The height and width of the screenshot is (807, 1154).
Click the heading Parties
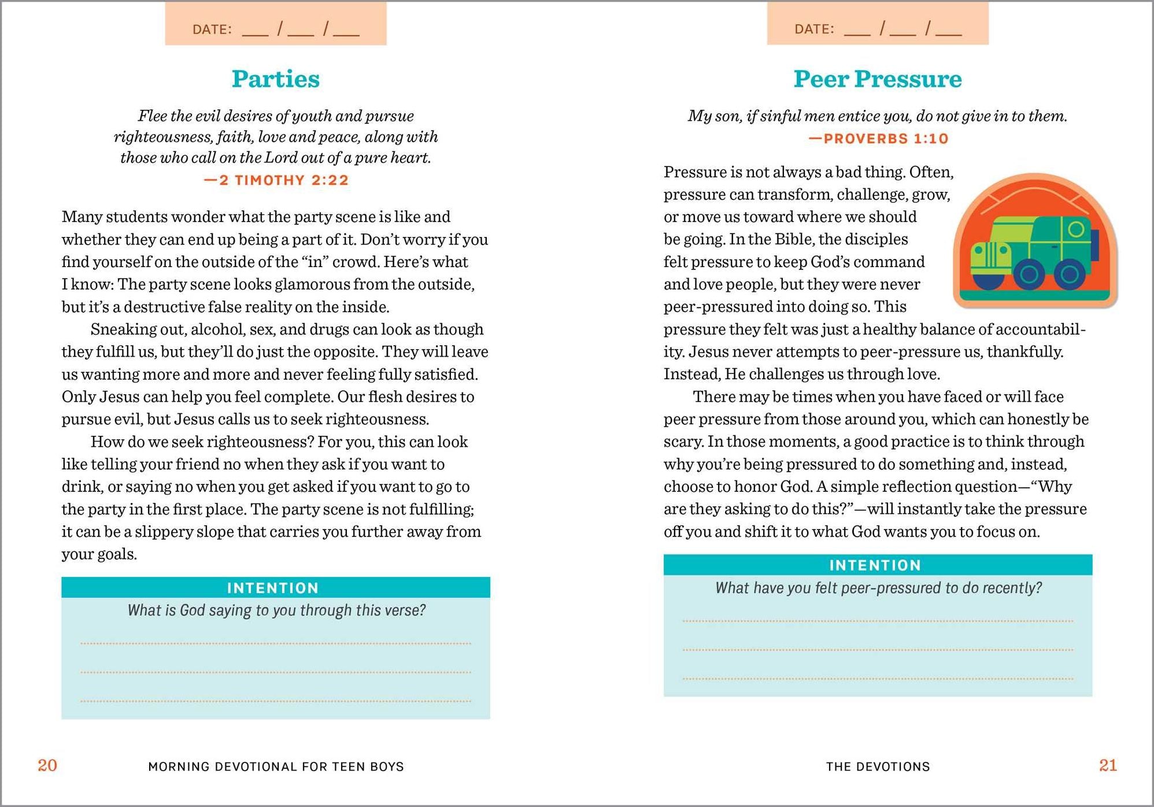pyautogui.click(x=275, y=79)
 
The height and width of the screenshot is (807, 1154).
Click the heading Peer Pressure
pyautogui.click(x=877, y=79)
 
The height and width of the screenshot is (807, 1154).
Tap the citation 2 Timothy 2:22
pyautogui.click(x=276, y=180)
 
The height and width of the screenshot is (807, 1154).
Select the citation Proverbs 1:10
pyautogui.click(x=878, y=139)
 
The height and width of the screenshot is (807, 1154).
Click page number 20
pyautogui.click(x=47, y=765)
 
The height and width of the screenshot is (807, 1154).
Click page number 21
pyautogui.click(x=1108, y=765)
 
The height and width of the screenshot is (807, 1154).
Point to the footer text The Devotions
pyautogui.click(x=878, y=767)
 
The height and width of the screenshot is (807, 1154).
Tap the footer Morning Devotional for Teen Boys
pyautogui.click(x=276, y=767)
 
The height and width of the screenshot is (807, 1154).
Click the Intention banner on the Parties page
pyautogui.click(x=273, y=588)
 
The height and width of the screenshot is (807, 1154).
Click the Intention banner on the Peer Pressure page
pyautogui.click(x=875, y=565)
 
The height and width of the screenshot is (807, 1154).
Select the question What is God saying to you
pyautogui.click(x=276, y=610)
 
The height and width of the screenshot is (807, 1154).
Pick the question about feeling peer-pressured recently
pyautogui.click(x=878, y=588)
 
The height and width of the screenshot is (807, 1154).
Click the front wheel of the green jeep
pyautogui.click(x=1029, y=273)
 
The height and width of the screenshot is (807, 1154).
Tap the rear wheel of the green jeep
pyautogui.click(x=1069, y=273)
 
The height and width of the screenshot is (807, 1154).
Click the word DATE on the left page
pyautogui.click(x=212, y=29)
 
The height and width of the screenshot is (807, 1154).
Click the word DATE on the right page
pyautogui.click(x=813, y=29)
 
